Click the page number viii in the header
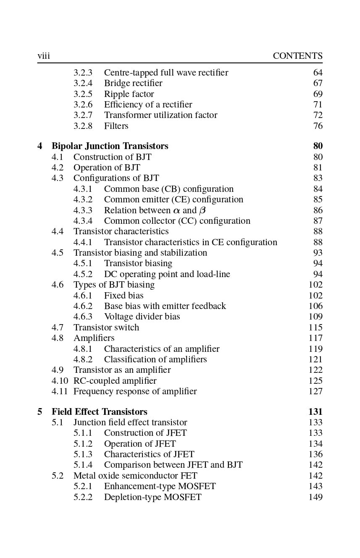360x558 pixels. tap(44, 56)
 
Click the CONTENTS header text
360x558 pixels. tap(297, 56)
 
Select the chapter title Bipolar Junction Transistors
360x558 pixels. tap(110, 146)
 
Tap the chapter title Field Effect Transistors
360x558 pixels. tap(99, 411)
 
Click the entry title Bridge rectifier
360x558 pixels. tap(133, 83)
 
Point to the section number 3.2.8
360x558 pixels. tap(83, 126)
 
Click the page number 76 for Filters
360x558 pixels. tap(318, 126)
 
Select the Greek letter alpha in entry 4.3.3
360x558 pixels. tap(176, 210)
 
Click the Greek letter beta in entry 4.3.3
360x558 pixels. tap(202, 210)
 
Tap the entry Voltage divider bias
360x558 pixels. tap(142, 317)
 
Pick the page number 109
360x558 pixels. tap(315, 317)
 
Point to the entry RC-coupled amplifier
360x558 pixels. tap(115, 381)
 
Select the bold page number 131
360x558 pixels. tap(315, 411)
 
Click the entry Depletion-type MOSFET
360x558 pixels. tap(152, 497)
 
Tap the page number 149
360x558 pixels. tap(315, 497)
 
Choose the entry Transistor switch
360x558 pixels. tap(106, 327)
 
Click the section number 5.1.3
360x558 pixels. tap(83, 454)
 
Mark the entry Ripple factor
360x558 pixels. tap(129, 94)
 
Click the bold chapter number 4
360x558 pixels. tap(40, 146)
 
